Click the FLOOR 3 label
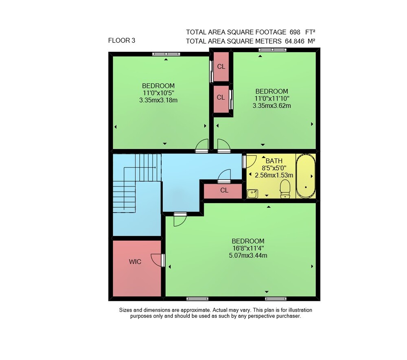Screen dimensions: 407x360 point(121,40)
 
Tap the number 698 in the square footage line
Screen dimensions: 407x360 point(295,32)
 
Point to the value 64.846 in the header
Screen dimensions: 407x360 point(294,41)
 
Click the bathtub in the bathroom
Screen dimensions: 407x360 point(306,176)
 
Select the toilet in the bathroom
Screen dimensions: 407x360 point(285,189)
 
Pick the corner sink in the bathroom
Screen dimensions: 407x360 point(252,194)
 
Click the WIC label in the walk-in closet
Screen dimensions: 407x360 point(135,261)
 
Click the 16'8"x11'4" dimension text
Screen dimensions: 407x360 point(248,248)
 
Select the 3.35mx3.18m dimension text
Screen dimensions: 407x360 point(158,100)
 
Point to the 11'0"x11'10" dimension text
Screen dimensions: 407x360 point(272,99)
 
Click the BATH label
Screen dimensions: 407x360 point(274,161)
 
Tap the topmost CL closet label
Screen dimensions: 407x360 point(221,67)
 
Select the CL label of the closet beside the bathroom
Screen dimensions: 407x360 point(224,191)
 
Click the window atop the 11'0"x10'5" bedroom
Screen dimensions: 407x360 point(166,54)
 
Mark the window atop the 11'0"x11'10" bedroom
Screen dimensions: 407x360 point(273,50)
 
